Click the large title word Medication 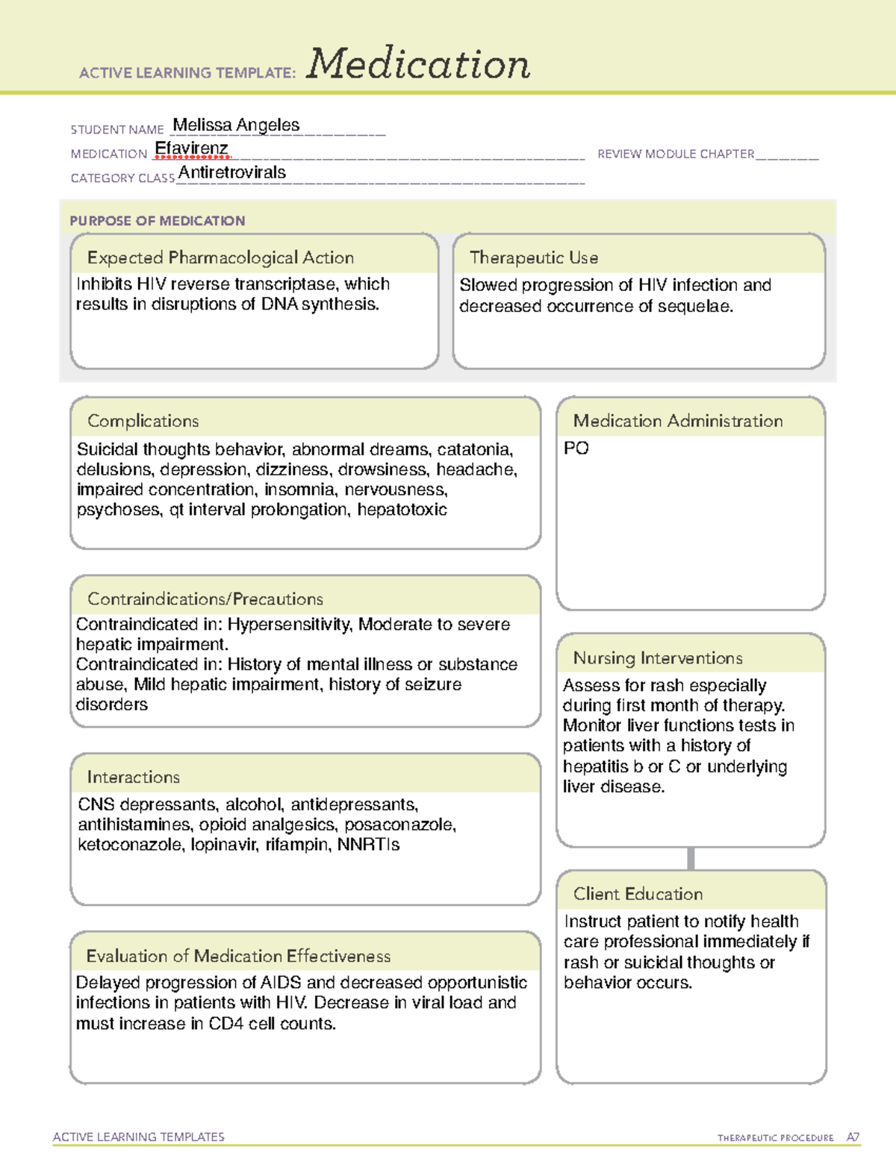tap(418, 64)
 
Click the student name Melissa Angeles tap(236, 125)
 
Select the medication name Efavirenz tap(191, 149)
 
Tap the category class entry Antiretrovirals tap(232, 173)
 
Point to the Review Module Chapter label tap(675, 154)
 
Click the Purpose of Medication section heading tap(157, 221)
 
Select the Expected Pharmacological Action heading tap(220, 257)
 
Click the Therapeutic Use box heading tap(533, 257)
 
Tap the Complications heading tap(143, 421)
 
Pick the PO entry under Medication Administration tap(576, 449)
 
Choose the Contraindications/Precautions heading tap(205, 599)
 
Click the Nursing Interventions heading tap(657, 657)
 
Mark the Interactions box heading tap(133, 777)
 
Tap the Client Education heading tap(638, 894)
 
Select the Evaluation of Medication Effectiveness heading tap(238, 956)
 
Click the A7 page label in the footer tap(853, 1137)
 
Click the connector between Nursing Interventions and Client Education tap(691, 858)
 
